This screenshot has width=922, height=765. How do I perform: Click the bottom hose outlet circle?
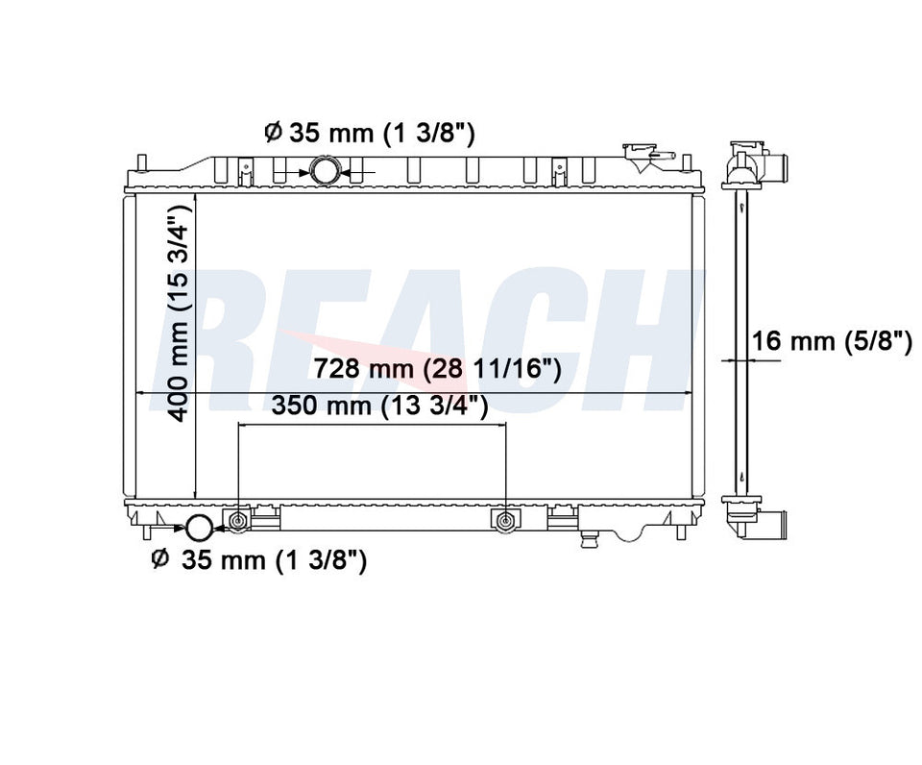(199, 527)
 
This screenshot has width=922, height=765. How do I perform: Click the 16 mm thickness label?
(832, 341)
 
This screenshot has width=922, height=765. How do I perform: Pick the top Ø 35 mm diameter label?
(369, 132)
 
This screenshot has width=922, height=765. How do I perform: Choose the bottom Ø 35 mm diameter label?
(259, 559)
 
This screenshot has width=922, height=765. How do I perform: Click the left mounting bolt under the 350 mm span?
(238, 521)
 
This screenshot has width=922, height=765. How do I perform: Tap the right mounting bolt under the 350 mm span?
(504, 521)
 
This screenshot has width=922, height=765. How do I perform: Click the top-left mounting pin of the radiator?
(141, 160)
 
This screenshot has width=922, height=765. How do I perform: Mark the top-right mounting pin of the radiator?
(689, 160)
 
